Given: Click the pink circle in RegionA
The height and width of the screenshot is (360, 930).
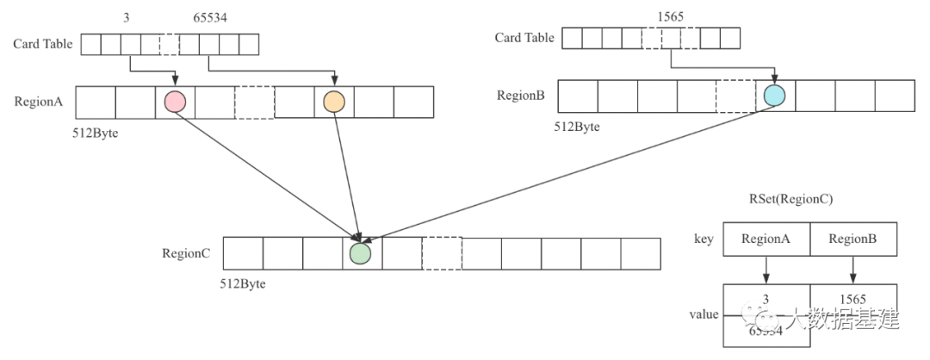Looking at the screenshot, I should [x=176, y=102].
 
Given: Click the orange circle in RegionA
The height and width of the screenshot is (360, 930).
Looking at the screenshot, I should [x=333, y=102].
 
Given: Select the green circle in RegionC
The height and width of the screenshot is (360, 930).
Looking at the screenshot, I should [x=362, y=253].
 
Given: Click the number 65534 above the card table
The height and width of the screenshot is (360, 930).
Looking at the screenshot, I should [x=209, y=16].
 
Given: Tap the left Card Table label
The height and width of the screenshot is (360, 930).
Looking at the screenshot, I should [x=43, y=44].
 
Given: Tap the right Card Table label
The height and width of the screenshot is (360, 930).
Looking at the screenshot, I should [x=524, y=38].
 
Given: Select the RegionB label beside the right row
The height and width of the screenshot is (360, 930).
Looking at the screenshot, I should [x=521, y=96].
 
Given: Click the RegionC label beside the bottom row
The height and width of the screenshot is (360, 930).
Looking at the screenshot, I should [x=187, y=253].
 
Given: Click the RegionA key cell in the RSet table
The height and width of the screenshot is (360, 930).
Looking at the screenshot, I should [x=766, y=239].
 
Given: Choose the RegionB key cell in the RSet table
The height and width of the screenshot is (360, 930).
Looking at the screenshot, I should [x=852, y=239].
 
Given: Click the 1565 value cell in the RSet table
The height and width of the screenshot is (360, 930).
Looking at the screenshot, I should [x=852, y=297].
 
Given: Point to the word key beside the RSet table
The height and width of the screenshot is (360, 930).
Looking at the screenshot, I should [x=703, y=239].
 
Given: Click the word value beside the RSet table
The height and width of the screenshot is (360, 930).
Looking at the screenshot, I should [x=704, y=314].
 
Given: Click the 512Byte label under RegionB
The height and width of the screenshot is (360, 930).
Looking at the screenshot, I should [x=576, y=127].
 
